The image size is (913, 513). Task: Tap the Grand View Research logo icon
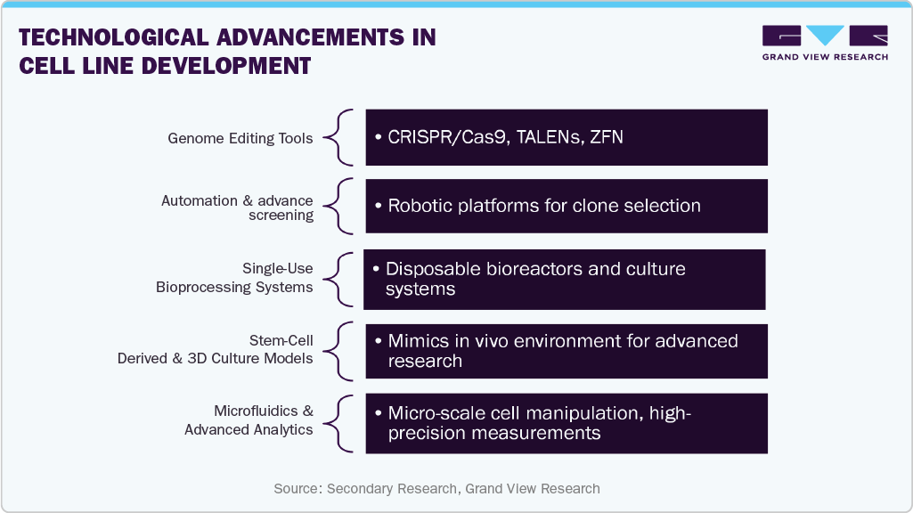(x=825, y=37)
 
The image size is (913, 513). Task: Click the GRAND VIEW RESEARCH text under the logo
(x=825, y=57)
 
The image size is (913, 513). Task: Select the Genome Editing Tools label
(x=240, y=138)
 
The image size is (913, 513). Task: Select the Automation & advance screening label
(x=237, y=208)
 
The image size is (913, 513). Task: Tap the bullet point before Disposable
(x=378, y=269)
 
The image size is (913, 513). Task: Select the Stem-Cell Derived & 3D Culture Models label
(x=215, y=349)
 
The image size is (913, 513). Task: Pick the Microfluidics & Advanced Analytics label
(x=249, y=420)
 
